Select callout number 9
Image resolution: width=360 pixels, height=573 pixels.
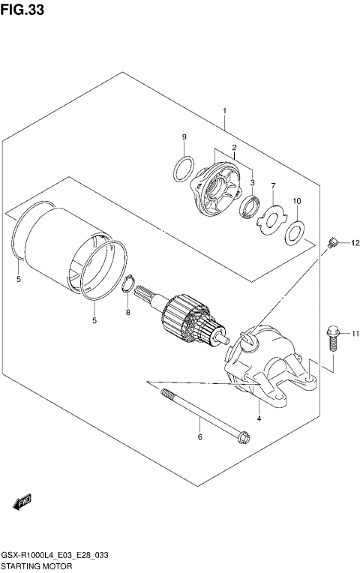click(x=183, y=136)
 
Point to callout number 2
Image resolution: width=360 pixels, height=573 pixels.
click(x=234, y=147)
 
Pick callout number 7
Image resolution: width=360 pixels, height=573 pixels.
click(x=273, y=186)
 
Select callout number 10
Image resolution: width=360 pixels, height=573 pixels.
click(x=297, y=201)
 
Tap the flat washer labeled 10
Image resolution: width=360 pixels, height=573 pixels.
click(x=294, y=233)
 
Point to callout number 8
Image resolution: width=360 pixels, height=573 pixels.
click(x=127, y=311)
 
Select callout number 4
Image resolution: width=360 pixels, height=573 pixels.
click(x=258, y=418)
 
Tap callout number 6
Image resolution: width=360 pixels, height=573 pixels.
click(x=199, y=436)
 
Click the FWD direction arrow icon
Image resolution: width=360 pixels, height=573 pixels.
click(x=21, y=500)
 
